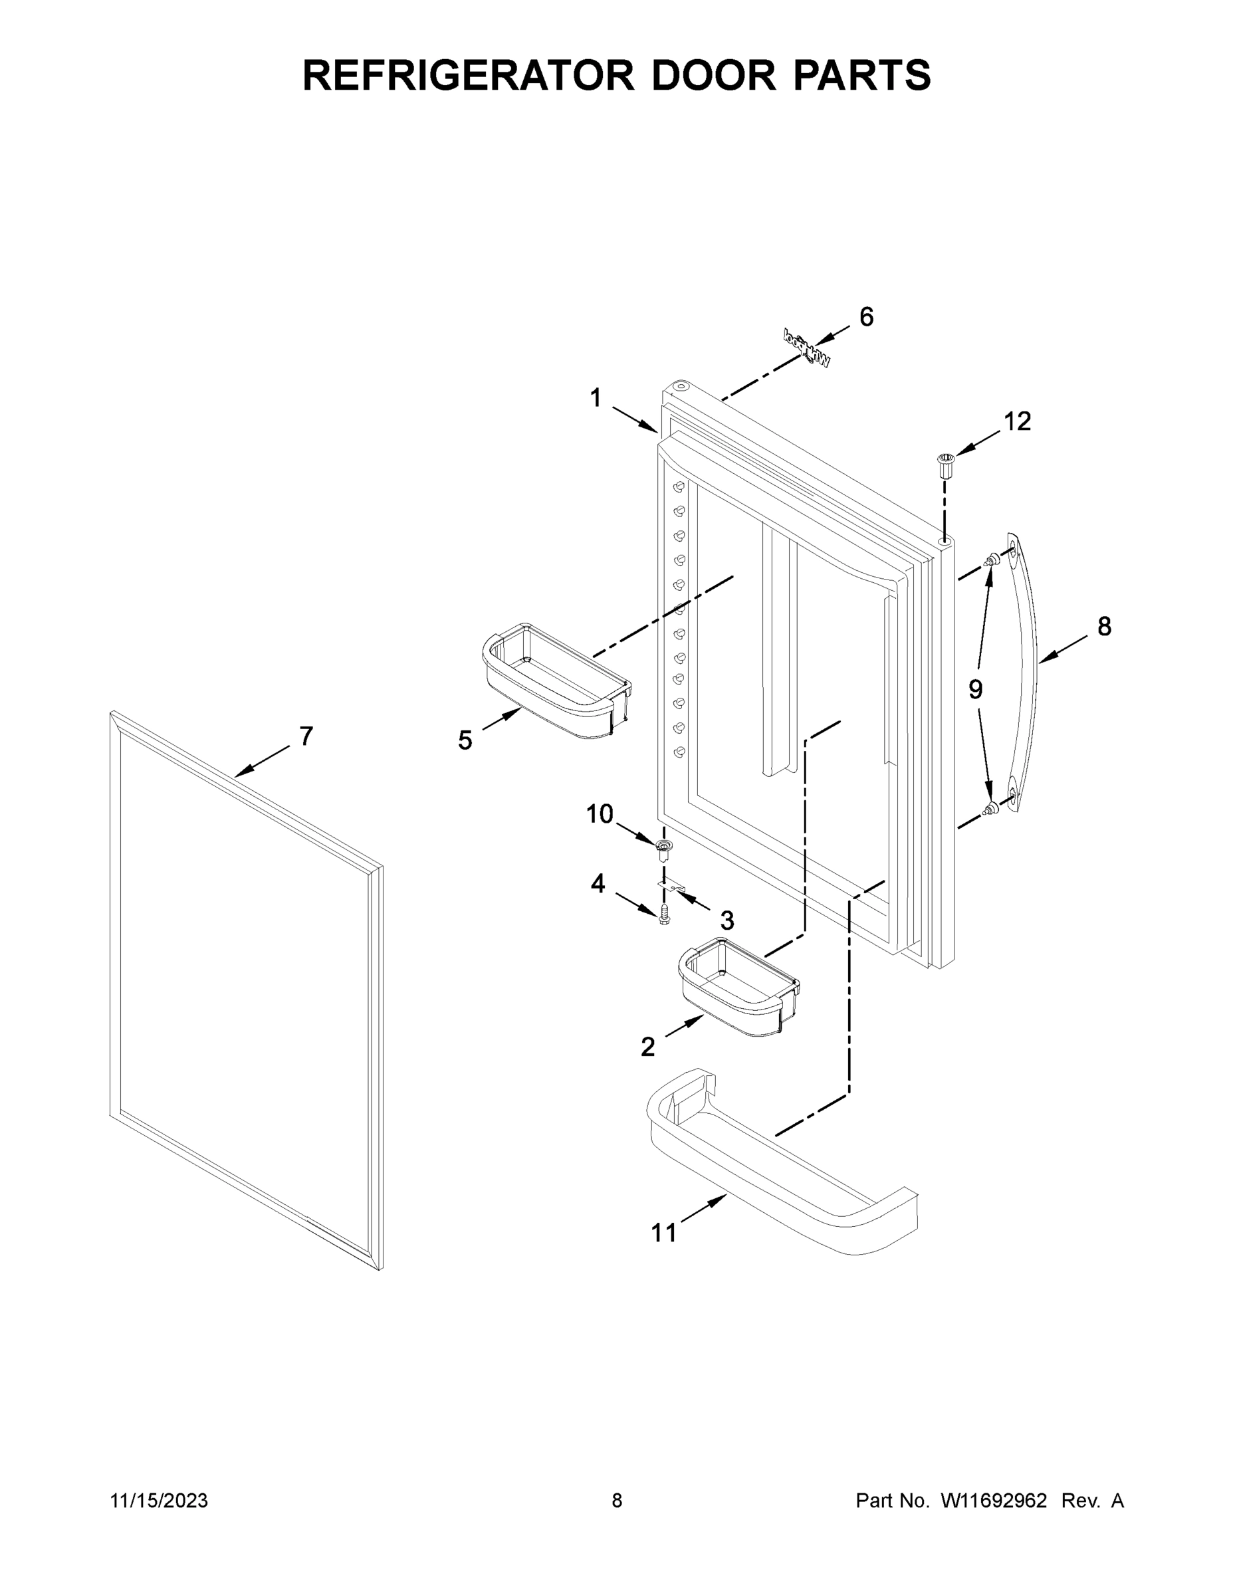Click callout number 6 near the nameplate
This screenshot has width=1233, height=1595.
[x=865, y=317]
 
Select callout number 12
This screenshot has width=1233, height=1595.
[x=1017, y=421]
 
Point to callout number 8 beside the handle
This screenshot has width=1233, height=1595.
[x=1103, y=627]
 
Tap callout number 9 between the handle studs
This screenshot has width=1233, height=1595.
[x=975, y=689]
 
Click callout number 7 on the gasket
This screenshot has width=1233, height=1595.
[x=306, y=736]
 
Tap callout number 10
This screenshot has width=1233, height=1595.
[x=600, y=813]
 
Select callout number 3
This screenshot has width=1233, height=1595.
[x=726, y=920]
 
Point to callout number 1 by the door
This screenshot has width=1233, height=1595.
[x=596, y=398]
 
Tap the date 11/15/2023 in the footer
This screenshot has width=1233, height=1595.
[x=158, y=1500]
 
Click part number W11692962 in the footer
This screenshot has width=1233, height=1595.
[x=994, y=1500]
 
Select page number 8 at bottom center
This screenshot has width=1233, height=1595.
[x=617, y=1500]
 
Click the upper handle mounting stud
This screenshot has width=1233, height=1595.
[x=990, y=561]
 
